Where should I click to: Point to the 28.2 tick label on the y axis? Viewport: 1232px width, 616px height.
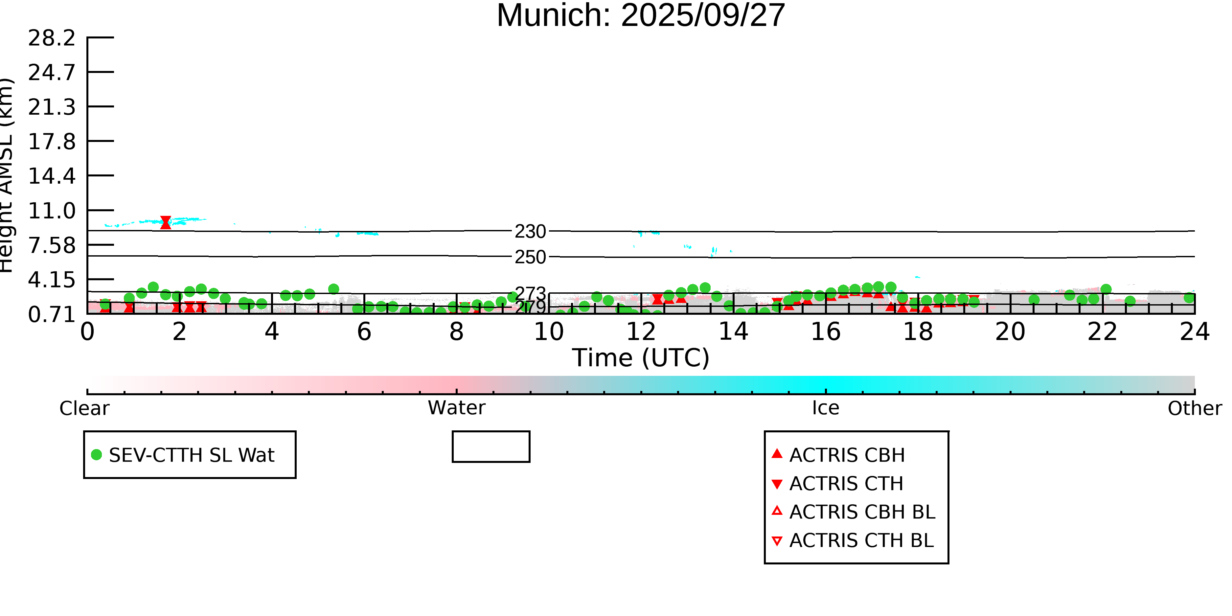point(52,38)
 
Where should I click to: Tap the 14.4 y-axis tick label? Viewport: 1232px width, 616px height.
point(52,176)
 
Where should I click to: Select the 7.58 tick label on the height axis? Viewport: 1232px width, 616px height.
point(52,246)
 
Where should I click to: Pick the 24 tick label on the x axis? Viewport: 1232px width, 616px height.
point(1194,332)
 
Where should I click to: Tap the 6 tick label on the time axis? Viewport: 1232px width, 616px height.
point(364,332)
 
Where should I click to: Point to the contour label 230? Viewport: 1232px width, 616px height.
point(530,232)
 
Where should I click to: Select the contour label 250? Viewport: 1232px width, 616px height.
point(530,257)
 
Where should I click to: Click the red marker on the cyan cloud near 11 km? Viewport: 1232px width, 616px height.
point(166,222)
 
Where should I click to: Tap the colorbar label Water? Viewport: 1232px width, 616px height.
point(456,408)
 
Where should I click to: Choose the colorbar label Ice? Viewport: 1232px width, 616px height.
point(826,408)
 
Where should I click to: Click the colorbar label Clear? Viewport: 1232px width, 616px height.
point(84,408)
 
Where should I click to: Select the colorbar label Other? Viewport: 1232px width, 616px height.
point(1194,408)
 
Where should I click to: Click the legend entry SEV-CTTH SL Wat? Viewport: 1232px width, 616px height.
point(191,455)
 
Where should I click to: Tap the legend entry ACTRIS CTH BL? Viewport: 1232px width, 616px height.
point(861,540)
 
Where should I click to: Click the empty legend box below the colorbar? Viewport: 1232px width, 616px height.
point(491,447)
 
